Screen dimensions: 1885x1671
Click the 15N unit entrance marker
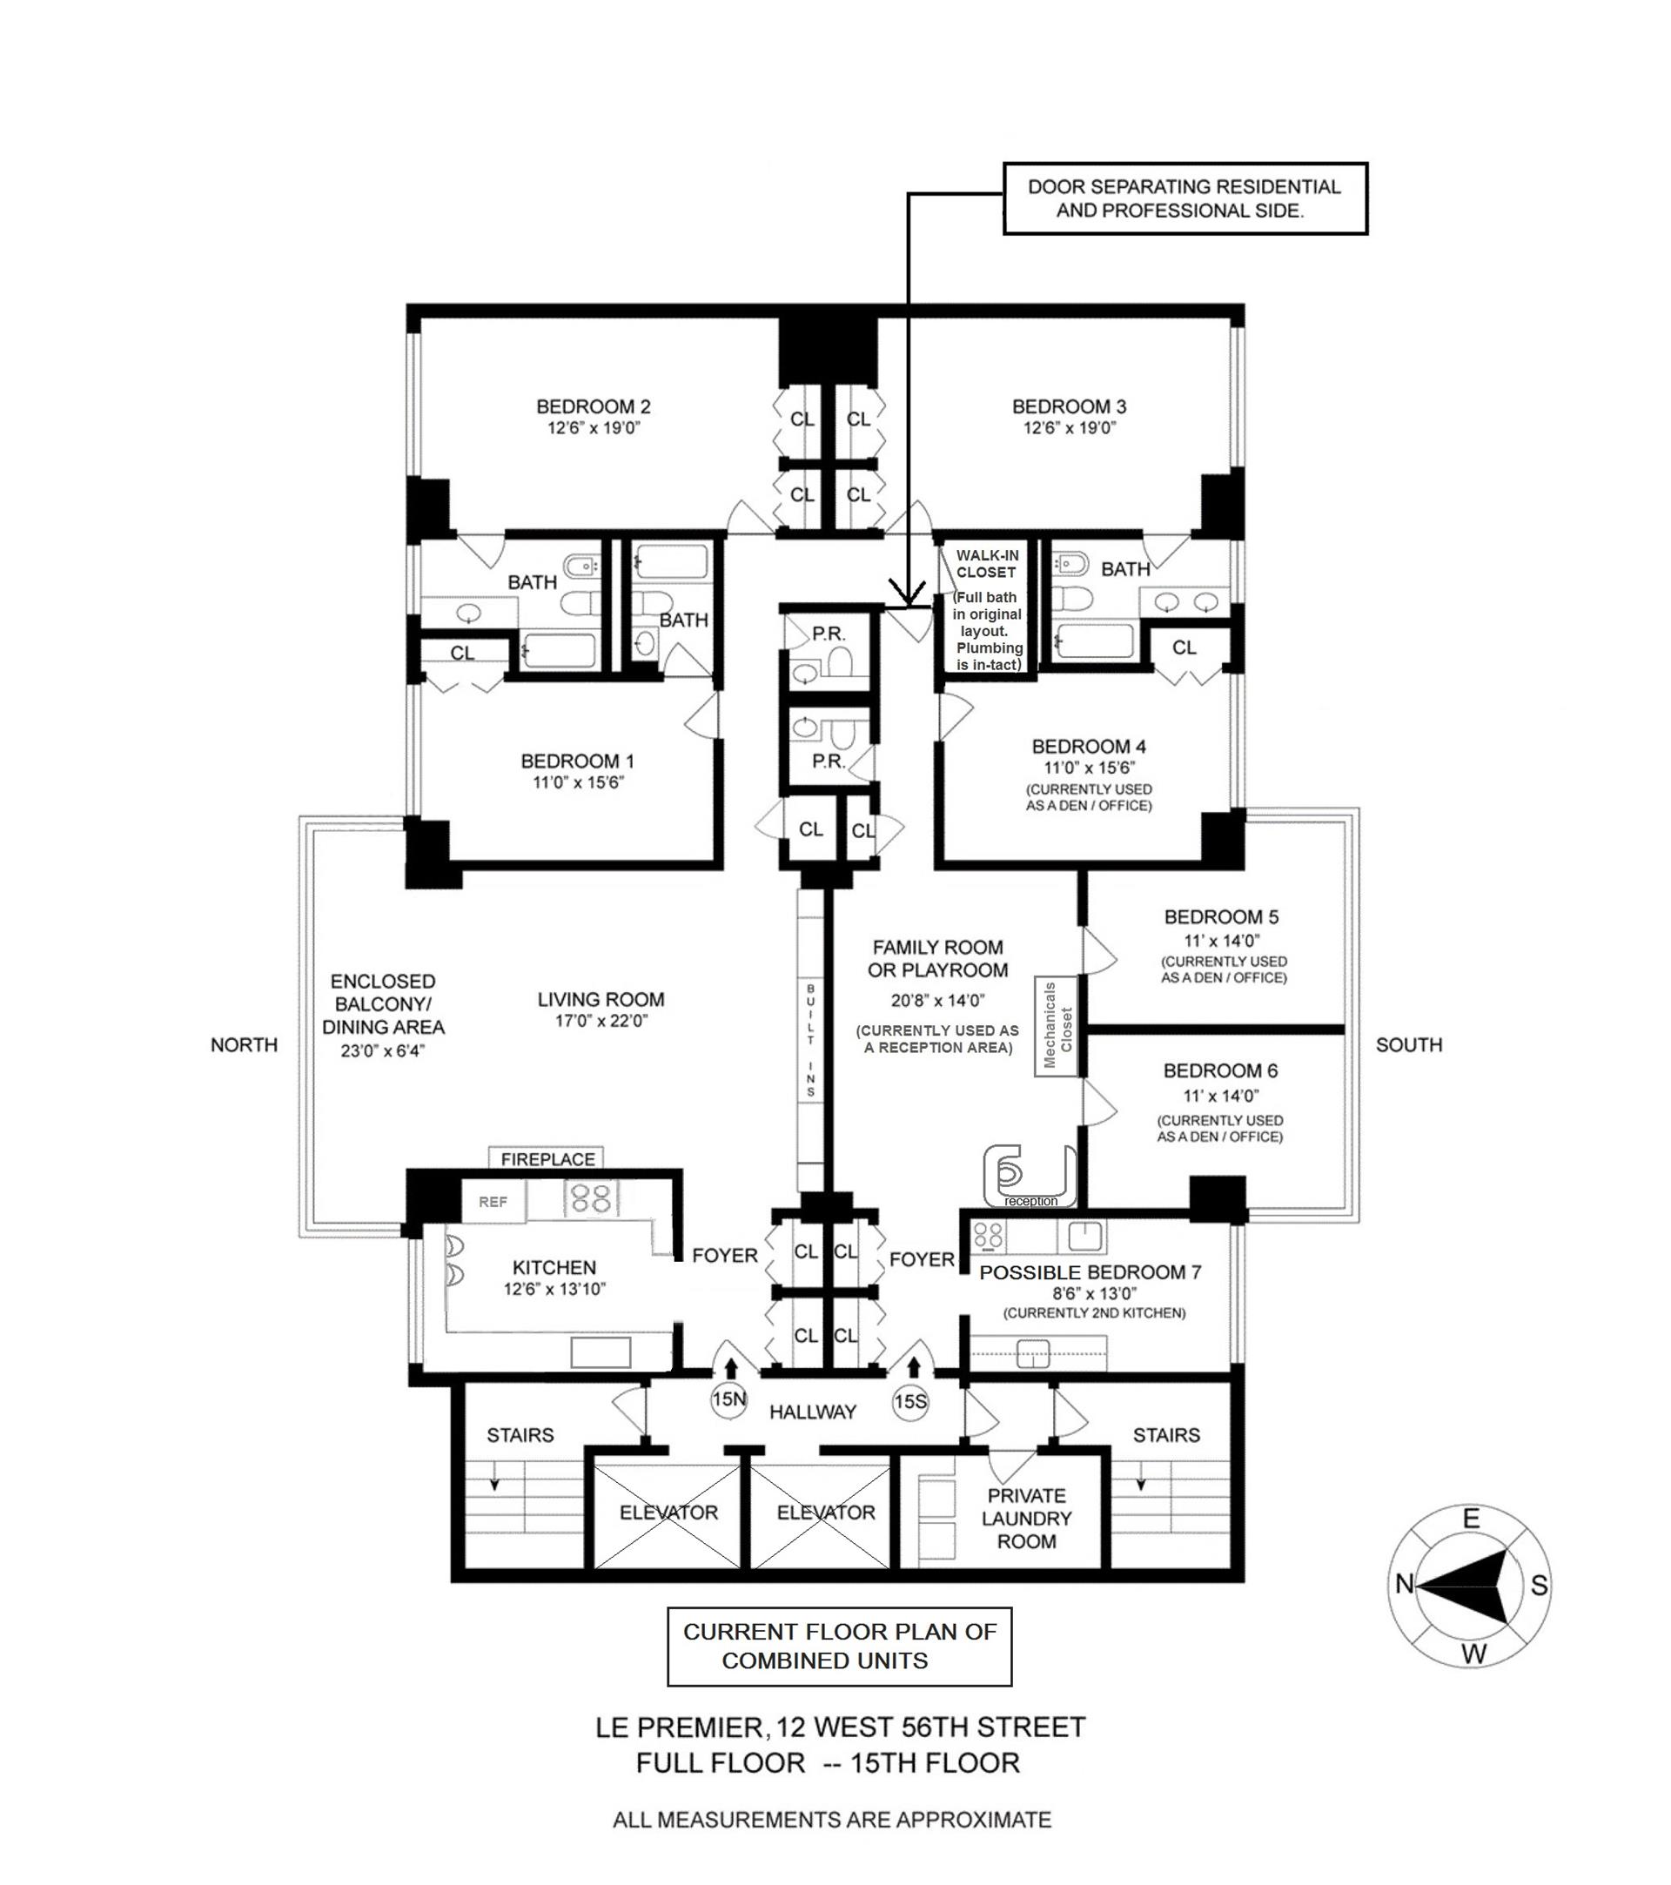point(728,1400)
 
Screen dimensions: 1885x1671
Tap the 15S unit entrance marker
point(909,1402)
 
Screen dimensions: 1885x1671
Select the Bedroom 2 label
point(593,406)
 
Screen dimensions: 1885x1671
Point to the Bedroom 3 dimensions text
point(1069,428)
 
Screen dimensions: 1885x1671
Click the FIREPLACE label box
point(547,1159)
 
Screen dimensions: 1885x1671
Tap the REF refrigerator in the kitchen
point(493,1203)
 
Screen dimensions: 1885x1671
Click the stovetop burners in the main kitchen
point(591,1199)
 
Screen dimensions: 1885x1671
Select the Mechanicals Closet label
point(1057,1025)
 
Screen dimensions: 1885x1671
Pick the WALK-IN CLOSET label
point(987,563)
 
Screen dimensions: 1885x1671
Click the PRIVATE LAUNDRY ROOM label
point(1026,1519)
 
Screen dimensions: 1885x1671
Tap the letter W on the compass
point(1473,1654)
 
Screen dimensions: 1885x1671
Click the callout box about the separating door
point(1184,198)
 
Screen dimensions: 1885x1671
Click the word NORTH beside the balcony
point(244,1045)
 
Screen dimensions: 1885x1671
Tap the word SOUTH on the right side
point(1408,1045)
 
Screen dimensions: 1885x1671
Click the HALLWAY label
point(813,1412)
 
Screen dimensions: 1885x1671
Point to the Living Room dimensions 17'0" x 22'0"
point(601,1021)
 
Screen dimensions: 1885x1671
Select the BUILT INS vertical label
point(811,1039)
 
